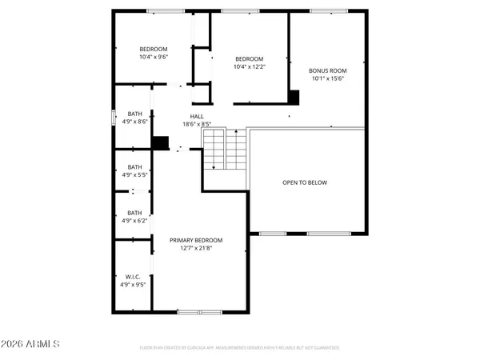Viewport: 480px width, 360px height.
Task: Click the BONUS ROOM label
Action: (x=327, y=70)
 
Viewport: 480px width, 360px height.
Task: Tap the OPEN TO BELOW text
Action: (x=305, y=182)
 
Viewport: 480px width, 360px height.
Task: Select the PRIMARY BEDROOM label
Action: (x=196, y=240)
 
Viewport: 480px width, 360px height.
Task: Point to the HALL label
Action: (x=196, y=116)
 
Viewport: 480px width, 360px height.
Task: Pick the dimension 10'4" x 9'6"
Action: (x=154, y=57)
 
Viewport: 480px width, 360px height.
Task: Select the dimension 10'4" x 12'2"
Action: (x=249, y=67)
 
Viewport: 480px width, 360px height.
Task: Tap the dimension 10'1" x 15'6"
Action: (x=327, y=78)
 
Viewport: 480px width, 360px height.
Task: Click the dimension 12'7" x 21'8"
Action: (x=196, y=248)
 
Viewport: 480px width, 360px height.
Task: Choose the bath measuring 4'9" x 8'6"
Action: (x=134, y=118)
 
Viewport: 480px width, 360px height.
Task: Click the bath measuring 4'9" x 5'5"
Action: (x=134, y=170)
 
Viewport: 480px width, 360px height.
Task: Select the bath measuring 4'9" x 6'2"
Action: (x=134, y=217)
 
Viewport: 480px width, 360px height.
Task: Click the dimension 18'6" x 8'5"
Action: (x=196, y=124)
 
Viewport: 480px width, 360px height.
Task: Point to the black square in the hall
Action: (x=161, y=142)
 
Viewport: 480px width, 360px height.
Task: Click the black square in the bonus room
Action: (x=294, y=97)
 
